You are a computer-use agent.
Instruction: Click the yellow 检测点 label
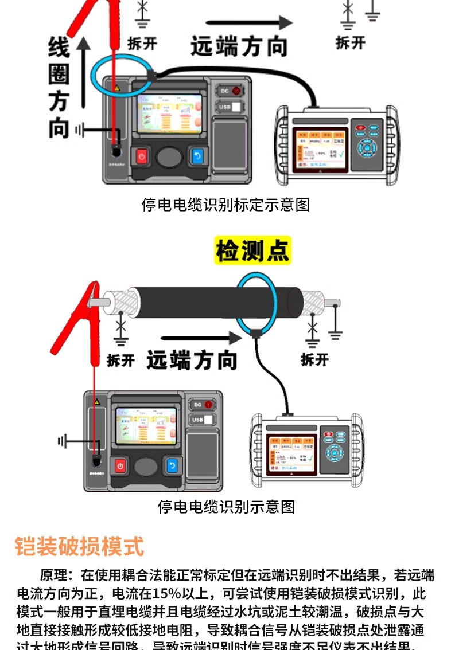point(252,250)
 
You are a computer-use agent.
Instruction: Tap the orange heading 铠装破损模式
point(79,546)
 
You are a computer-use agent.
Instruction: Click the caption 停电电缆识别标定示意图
point(226,205)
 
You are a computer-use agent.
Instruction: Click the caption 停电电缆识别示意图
point(226,506)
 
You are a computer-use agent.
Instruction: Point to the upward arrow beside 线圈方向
point(84,72)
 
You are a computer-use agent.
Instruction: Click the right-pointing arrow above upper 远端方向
point(249,24)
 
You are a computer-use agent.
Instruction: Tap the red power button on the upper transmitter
point(142,156)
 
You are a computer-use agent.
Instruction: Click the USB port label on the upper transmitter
point(224,107)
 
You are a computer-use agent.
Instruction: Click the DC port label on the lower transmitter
point(197,405)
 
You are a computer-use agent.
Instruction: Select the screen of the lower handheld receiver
point(291,452)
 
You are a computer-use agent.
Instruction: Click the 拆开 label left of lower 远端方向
point(121,361)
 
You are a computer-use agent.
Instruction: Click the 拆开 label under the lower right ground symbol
point(314,359)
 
